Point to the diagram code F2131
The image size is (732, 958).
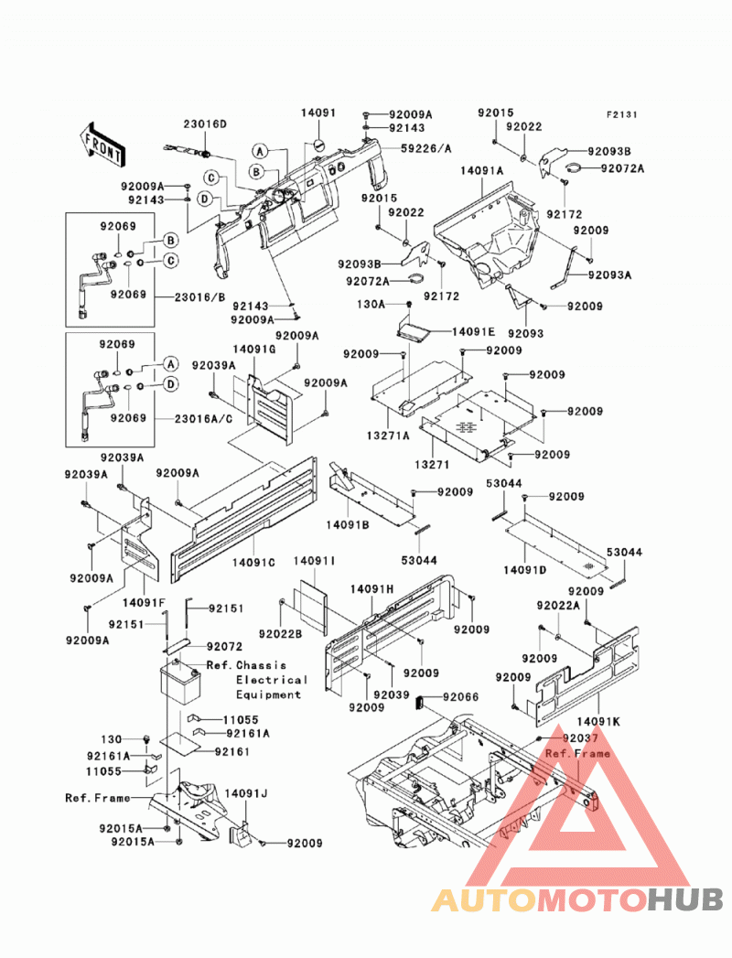621,114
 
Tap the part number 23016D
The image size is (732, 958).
205,124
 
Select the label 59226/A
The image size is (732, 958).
425,148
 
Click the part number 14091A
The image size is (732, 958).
481,171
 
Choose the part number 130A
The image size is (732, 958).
371,305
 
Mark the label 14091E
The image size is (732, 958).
473,332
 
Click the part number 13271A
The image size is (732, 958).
388,436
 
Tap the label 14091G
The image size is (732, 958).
253,349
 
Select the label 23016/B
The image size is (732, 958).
199,298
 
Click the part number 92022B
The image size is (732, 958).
281,634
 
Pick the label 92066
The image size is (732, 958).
461,697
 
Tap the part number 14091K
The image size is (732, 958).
597,722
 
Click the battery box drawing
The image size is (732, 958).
180,679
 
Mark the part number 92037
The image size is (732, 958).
580,738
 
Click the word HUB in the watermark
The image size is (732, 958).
685,900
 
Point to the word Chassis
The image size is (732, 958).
261,665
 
